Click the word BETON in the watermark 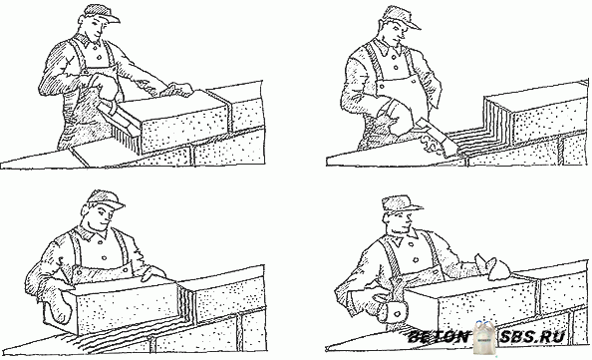click(x=440, y=337)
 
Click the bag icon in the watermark click(x=486, y=337)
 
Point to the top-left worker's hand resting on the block click(x=178, y=90)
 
